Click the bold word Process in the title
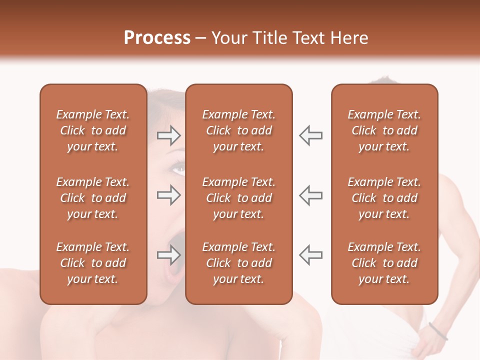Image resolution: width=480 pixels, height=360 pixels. pyautogui.click(x=157, y=38)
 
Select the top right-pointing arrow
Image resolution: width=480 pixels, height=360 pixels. pyautogui.click(x=168, y=135)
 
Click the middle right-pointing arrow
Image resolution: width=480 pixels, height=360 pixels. pyautogui.click(x=168, y=195)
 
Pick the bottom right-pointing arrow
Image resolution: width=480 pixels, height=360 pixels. pyautogui.click(x=168, y=255)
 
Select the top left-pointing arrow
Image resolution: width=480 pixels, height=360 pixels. pyautogui.click(x=310, y=135)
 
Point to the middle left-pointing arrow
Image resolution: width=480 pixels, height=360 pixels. pyautogui.click(x=310, y=195)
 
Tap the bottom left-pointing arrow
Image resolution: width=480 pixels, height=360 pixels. pyautogui.click(x=310, y=255)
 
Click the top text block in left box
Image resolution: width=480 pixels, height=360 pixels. pyautogui.click(x=93, y=130)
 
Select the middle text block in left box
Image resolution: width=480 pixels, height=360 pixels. pyautogui.click(x=93, y=198)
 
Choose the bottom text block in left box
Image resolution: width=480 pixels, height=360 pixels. pyautogui.click(x=93, y=263)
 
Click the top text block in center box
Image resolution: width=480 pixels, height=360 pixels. pyautogui.click(x=238, y=130)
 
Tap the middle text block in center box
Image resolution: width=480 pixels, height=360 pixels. pyautogui.click(x=238, y=198)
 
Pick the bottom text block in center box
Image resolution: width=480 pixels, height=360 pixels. pyautogui.click(x=238, y=263)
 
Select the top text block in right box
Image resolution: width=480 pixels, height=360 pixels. pyautogui.click(x=384, y=130)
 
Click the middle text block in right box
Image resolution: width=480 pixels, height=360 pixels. pyautogui.click(x=384, y=198)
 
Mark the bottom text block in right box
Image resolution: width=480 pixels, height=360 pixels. pyautogui.click(x=384, y=263)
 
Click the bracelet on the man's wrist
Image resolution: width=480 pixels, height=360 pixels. pyautogui.click(x=438, y=331)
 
